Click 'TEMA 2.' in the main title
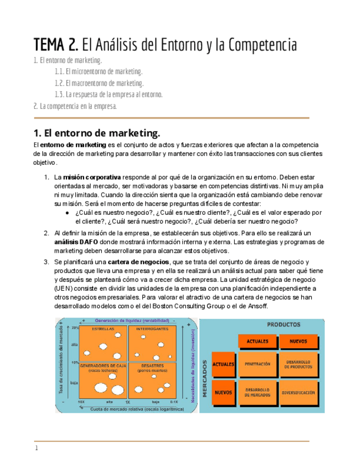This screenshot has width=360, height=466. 56,43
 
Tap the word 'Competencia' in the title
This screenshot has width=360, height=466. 259,43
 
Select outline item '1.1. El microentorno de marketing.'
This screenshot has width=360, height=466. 98,71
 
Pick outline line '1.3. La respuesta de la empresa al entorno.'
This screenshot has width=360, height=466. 108,95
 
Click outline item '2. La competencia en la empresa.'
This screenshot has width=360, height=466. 75,106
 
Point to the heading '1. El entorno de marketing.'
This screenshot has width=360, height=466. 97,134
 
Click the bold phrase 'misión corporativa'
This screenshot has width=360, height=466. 92,177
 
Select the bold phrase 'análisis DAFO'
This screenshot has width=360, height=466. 76,242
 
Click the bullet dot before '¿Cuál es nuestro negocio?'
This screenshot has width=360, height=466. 67,213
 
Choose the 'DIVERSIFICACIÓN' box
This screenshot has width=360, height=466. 298,392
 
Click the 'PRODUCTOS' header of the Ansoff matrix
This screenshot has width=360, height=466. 283,324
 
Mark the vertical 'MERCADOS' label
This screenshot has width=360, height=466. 204,379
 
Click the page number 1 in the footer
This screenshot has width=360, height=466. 37,448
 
